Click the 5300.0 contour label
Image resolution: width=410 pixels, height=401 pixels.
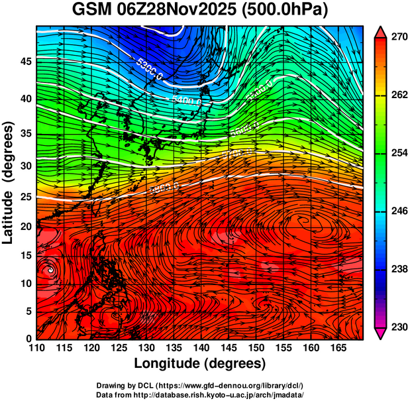point(150,70)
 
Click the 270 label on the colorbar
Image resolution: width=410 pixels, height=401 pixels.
point(394,38)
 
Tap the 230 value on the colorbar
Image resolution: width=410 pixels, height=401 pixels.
point(394,327)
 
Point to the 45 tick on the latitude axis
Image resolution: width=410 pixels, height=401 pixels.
point(25,62)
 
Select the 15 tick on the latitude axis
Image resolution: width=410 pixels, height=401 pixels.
point(25,255)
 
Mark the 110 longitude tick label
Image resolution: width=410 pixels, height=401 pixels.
point(36,348)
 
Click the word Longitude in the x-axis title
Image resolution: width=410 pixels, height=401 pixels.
point(167,364)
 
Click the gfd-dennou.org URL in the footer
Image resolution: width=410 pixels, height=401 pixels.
point(227,385)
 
